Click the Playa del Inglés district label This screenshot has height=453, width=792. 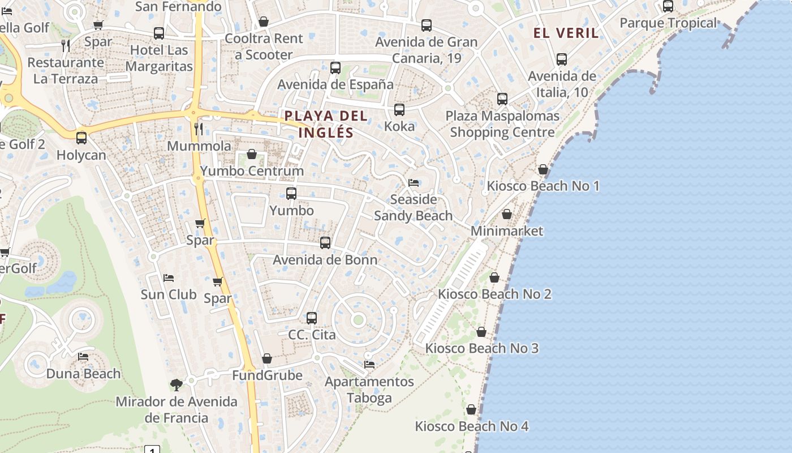coord(326,124)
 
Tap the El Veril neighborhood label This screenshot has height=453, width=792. coord(566,33)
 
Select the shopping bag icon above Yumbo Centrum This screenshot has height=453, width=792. coord(252,154)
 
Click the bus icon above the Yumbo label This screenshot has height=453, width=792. coord(291,194)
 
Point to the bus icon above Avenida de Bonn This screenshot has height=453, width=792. coord(325,243)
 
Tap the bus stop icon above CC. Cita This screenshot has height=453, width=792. coord(312,318)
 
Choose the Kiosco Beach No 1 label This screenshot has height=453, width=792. coord(543,186)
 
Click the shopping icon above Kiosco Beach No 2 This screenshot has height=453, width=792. coord(494,277)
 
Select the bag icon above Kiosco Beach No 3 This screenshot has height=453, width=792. coord(481,332)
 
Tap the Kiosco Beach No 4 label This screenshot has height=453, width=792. coord(472,426)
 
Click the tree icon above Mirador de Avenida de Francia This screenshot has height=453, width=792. coord(177,385)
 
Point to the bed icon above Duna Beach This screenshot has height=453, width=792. coord(83,357)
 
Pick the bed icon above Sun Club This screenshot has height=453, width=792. coord(168,278)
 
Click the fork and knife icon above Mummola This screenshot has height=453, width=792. coord(199,129)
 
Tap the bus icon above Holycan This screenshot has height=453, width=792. coord(81,138)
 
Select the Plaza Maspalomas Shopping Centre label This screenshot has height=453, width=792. coord(502,124)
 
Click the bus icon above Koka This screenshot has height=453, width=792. coord(399,110)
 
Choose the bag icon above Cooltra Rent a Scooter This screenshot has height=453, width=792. coord(264,22)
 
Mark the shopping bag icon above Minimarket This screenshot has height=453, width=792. coord(507,214)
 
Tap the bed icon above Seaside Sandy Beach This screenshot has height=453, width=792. coord(414,183)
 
